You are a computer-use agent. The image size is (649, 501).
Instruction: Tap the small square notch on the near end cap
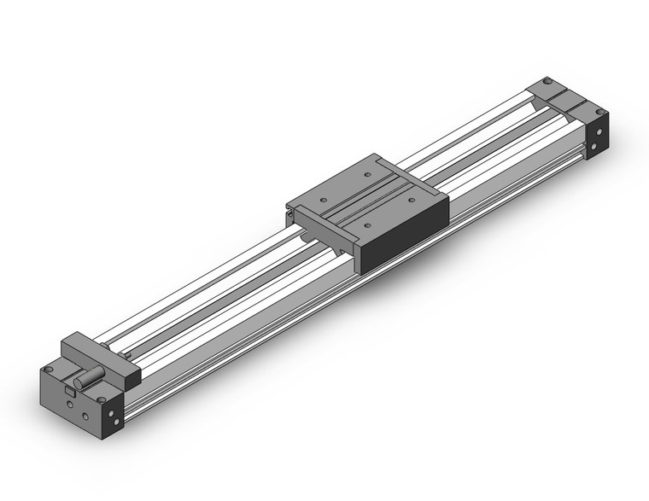click(69, 391)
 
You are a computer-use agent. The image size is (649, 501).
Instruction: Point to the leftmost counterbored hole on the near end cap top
click(50, 370)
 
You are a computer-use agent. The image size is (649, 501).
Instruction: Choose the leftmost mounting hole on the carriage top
click(322, 202)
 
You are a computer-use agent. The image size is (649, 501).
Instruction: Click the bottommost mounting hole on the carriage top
click(366, 225)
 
